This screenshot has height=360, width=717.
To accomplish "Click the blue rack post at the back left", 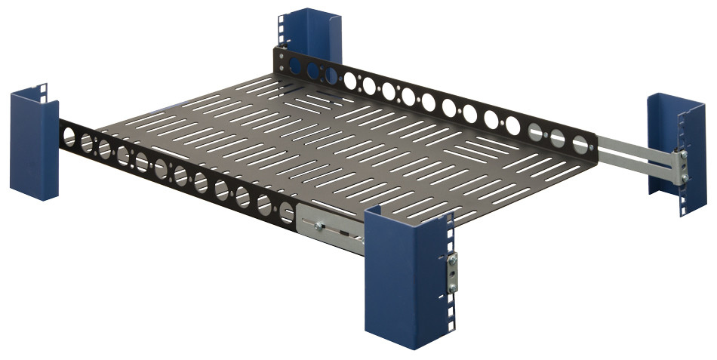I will (x=311, y=34).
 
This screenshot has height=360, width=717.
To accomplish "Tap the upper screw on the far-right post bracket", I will (x=684, y=155).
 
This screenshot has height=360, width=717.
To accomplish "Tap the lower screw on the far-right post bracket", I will (x=684, y=178).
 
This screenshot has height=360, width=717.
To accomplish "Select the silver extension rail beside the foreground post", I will (x=332, y=231).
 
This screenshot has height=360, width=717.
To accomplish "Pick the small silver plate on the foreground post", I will (x=451, y=273).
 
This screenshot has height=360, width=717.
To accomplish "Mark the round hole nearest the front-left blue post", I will (x=69, y=137).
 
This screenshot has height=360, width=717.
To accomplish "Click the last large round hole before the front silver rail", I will (x=287, y=214).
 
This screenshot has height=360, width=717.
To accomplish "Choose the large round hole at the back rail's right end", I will (x=580, y=143).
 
